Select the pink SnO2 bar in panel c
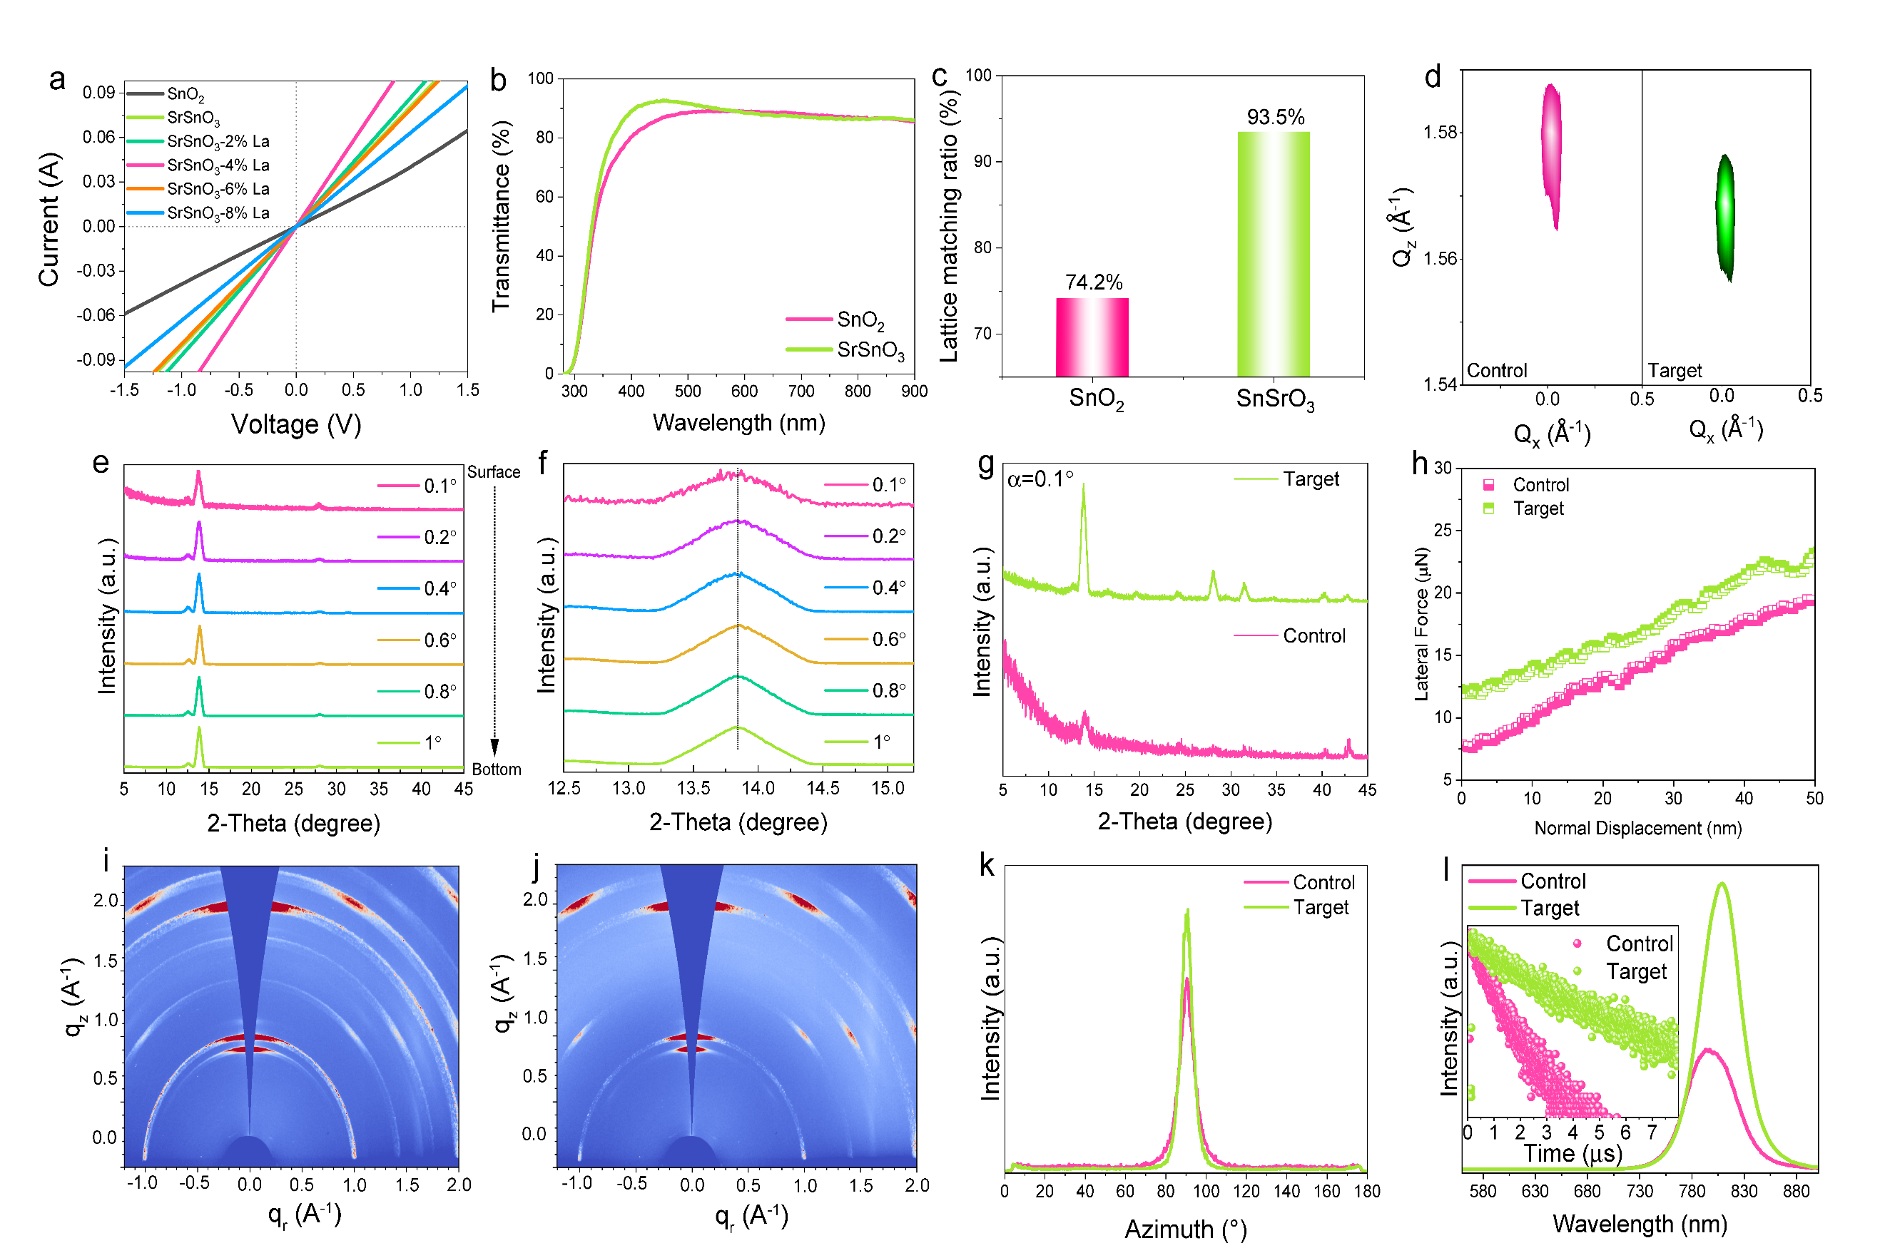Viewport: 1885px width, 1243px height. (x=1092, y=337)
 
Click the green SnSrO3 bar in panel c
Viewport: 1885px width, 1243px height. (x=1273, y=254)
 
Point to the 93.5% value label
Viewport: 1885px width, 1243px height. (x=1275, y=118)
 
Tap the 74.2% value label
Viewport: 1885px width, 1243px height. (x=1094, y=282)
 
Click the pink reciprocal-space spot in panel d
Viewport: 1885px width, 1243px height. (x=1551, y=150)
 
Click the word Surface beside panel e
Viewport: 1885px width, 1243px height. (x=493, y=473)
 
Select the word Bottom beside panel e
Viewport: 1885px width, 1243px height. (x=497, y=769)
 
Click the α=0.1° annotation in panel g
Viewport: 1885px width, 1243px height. (x=1040, y=479)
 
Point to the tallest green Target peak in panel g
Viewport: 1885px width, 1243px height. (x=1083, y=485)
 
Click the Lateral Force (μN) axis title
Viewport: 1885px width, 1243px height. (x=1421, y=624)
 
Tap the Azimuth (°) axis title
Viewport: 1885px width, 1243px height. (x=1185, y=1229)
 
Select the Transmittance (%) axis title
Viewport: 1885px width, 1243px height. (x=501, y=216)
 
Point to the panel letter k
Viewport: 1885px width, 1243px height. (x=987, y=865)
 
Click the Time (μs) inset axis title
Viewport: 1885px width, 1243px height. (x=1572, y=1152)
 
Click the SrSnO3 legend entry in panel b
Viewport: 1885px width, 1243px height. (x=870, y=349)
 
